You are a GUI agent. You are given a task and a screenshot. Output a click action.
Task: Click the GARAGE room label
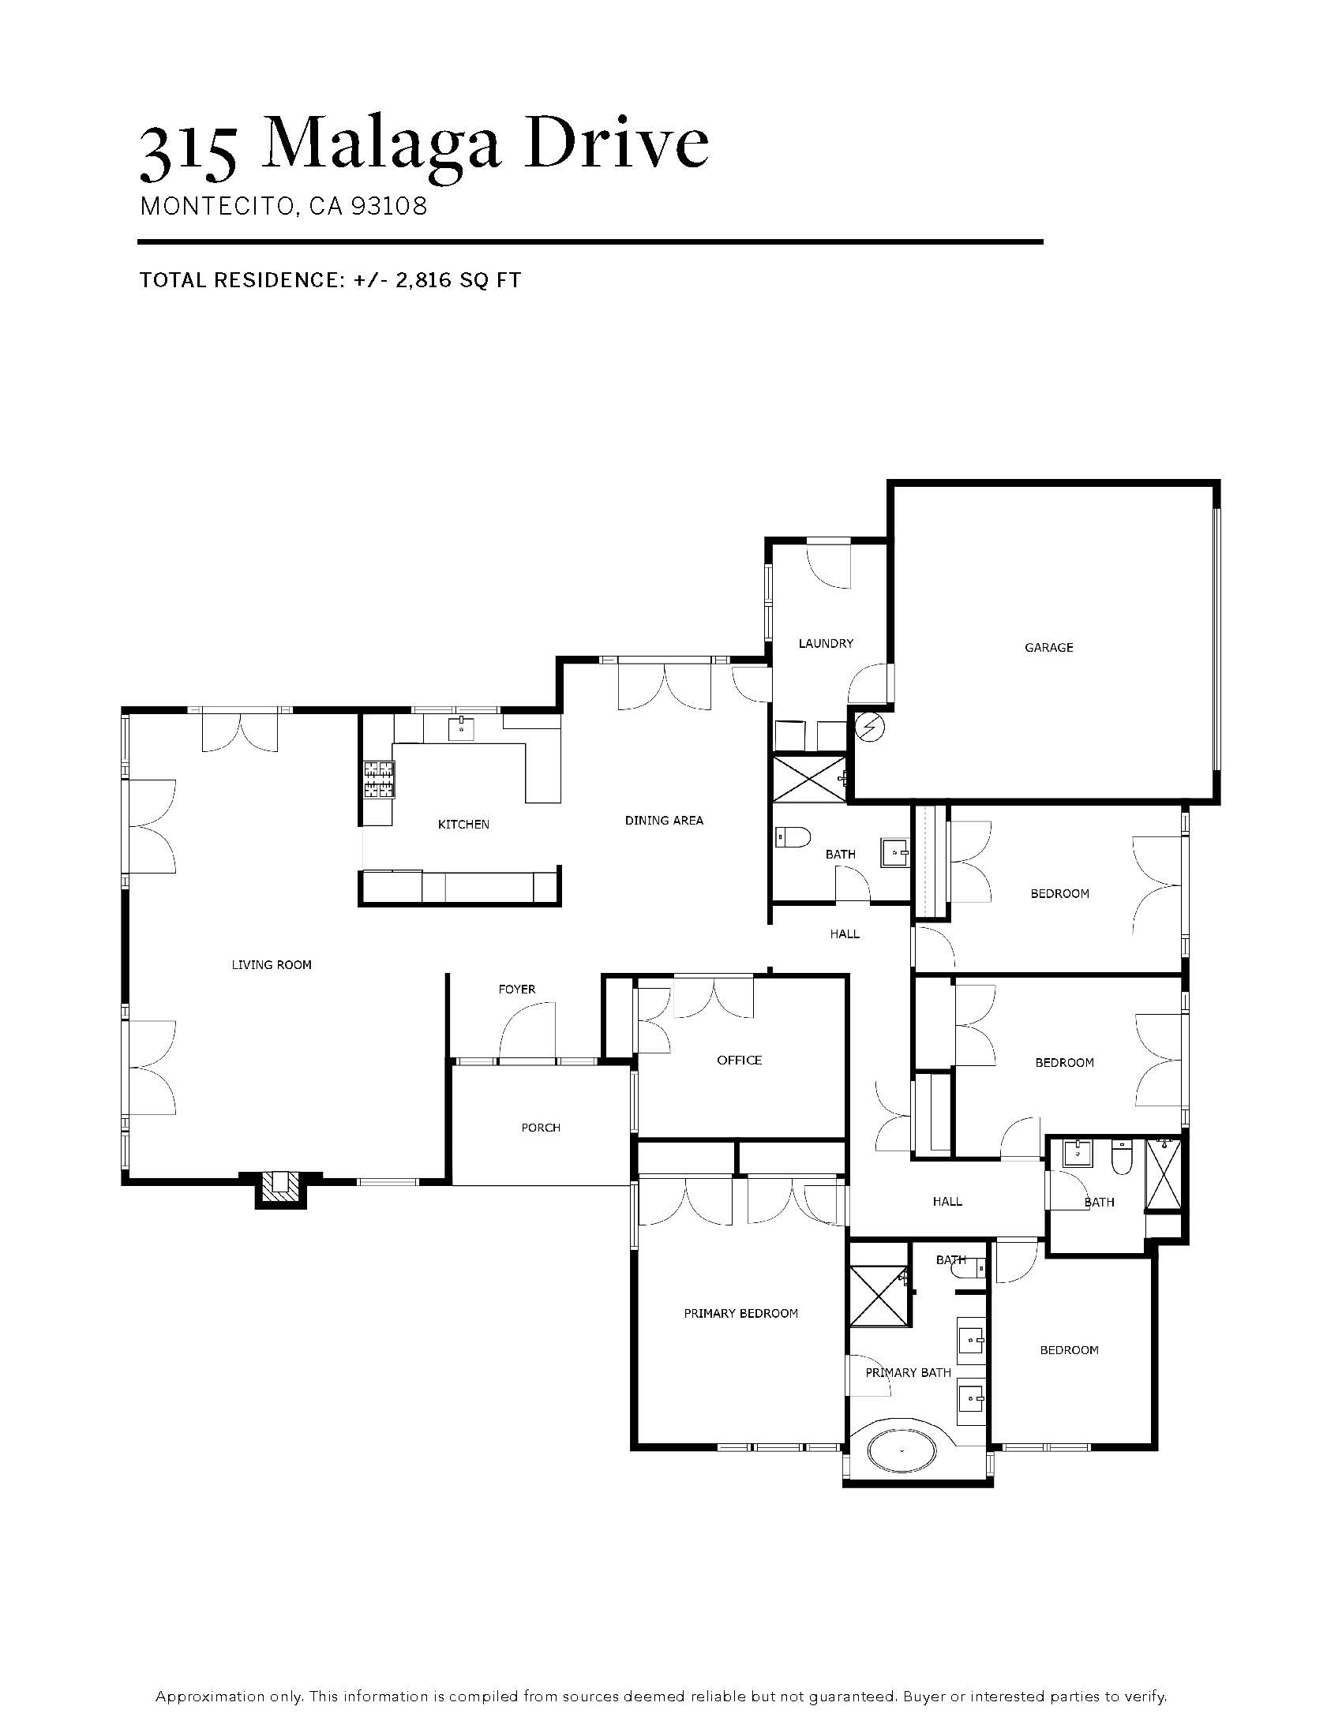pyautogui.click(x=1048, y=648)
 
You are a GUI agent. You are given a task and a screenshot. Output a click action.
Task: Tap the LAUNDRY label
pyautogui.click(x=826, y=643)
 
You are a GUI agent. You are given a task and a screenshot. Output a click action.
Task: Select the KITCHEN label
pyautogui.click(x=463, y=825)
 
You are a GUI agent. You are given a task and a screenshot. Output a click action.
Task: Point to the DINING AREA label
pyautogui.click(x=664, y=821)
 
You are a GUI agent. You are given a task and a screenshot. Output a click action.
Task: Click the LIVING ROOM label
pyautogui.click(x=272, y=965)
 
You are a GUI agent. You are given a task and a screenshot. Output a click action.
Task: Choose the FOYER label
pyautogui.click(x=517, y=990)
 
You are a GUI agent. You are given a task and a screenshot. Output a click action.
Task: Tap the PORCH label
pyautogui.click(x=541, y=1128)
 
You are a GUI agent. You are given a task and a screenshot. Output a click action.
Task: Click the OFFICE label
pyautogui.click(x=740, y=1061)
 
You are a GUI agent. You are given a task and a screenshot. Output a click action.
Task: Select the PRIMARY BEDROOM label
pyautogui.click(x=741, y=1314)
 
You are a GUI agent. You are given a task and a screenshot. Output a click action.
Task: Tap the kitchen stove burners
pyautogui.click(x=379, y=780)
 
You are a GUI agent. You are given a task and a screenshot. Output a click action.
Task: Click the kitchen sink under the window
pyautogui.click(x=461, y=728)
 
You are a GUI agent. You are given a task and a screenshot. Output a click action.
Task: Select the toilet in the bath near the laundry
pyautogui.click(x=792, y=836)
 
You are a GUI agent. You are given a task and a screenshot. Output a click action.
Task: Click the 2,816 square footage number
pyautogui.click(x=425, y=281)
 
